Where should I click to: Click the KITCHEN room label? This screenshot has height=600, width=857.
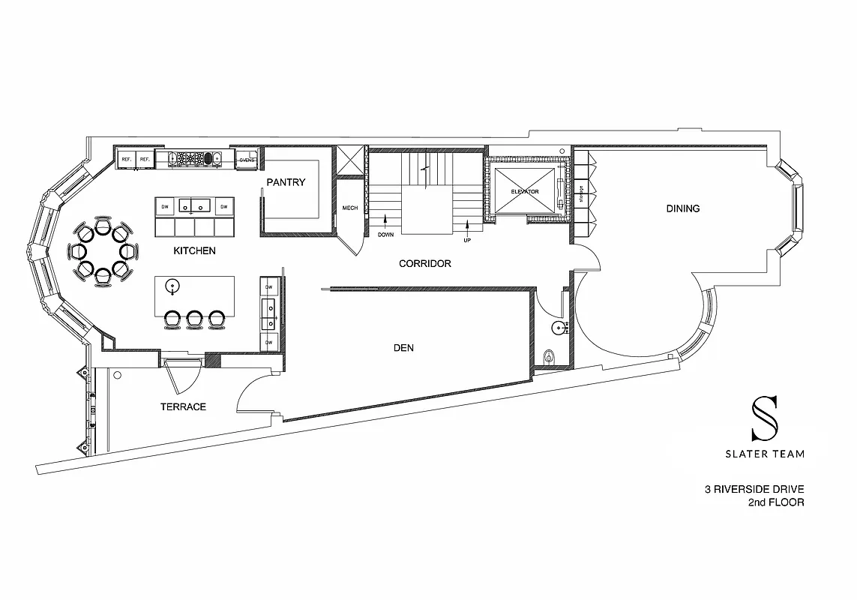pyautogui.click(x=194, y=250)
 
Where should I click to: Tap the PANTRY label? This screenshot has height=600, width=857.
pyautogui.click(x=286, y=182)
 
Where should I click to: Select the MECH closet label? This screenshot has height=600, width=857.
pyautogui.click(x=349, y=208)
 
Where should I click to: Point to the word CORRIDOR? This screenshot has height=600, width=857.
pyautogui.click(x=424, y=263)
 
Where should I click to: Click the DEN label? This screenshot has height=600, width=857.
pyautogui.click(x=403, y=348)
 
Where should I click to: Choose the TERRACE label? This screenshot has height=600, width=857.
pyautogui.click(x=183, y=406)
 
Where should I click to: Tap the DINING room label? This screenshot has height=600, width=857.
pyautogui.click(x=682, y=208)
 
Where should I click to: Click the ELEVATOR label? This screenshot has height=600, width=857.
pyautogui.click(x=525, y=192)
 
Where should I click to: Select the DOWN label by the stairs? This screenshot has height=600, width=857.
pyautogui.click(x=385, y=234)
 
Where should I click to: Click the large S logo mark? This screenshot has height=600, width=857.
pyautogui.click(x=765, y=418)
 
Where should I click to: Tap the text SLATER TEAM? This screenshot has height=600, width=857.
pyautogui.click(x=765, y=453)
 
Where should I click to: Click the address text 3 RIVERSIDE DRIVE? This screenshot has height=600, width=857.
pyautogui.click(x=754, y=490)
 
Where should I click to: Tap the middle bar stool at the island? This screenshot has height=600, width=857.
pyautogui.click(x=195, y=319)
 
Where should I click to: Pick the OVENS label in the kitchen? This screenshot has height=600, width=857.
pyautogui.click(x=247, y=160)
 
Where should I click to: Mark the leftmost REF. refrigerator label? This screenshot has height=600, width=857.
pyautogui.click(x=127, y=160)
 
